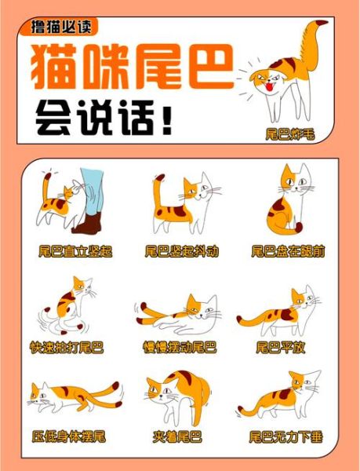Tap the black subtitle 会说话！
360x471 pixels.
[x=101, y=119]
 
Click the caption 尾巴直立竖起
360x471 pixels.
[x=75, y=251]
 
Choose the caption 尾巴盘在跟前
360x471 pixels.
[x=288, y=251]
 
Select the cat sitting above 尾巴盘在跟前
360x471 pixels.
[x=285, y=202]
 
